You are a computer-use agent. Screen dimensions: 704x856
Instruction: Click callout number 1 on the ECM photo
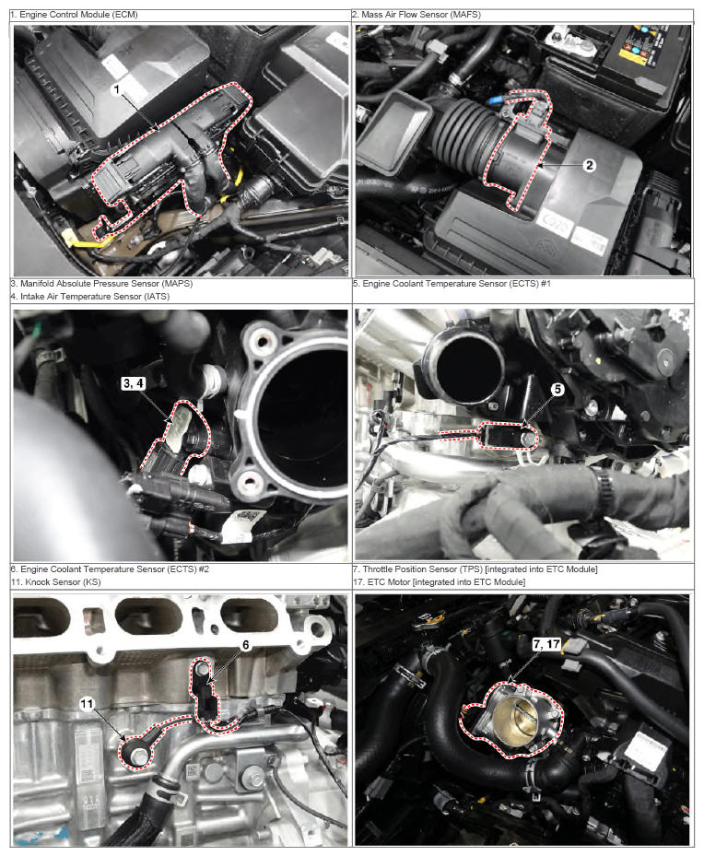tap(117, 89)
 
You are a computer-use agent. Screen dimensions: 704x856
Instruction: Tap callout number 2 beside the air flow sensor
tap(590, 164)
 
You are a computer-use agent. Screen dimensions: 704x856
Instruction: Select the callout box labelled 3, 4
tap(134, 383)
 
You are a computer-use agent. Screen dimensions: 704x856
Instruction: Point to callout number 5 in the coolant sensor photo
tap(557, 389)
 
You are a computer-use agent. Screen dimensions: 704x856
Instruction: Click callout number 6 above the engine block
tap(246, 645)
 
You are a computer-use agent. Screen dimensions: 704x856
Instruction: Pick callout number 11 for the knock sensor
tap(88, 704)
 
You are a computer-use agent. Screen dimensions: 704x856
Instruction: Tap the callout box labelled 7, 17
tap(546, 644)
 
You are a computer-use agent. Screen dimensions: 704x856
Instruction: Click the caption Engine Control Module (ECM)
tap(78, 15)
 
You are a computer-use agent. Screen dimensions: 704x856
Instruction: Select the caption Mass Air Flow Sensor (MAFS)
tap(421, 15)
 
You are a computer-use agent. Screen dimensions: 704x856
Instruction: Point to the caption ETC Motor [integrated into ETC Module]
tap(446, 582)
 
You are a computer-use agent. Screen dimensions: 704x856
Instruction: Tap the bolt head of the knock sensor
tap(140, 756)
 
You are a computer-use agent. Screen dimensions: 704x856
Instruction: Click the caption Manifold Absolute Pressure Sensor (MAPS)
tap(106, 283)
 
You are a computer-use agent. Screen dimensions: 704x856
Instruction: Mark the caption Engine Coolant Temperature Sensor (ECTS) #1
tap(456, 283)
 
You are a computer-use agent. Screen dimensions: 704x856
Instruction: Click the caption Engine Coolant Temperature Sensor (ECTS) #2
tap(114, 569)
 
